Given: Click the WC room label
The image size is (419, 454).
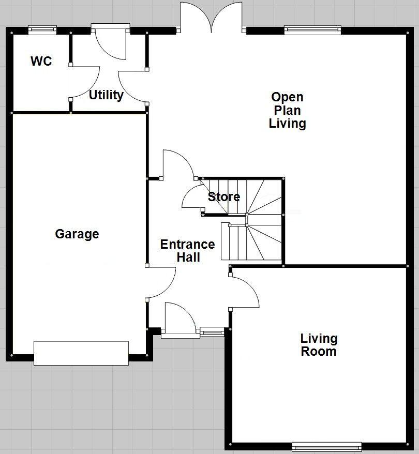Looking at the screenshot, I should pyautogui.click(x=41, y=62).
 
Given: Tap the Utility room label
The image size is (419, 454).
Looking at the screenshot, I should pyautogui.click(x=106, y=95).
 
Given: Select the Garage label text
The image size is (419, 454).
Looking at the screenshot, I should pyautogui.click(x=77, y=234).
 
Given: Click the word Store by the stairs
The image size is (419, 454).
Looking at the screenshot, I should pyautogui.click(x=224, y=197).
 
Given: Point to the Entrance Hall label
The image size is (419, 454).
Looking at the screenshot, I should pyautogui.click(x=187, y=250).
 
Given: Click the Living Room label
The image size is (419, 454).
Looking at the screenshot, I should pyautogui.click(x=319, y=345).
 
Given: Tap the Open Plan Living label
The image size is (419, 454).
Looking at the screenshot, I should pyautogui.click(x=287, y=110).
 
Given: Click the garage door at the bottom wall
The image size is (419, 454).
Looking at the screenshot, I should pyautogui.click(x=81, y=353).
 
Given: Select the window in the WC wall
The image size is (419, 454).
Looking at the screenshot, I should pyautogui.click(x=42, y=30).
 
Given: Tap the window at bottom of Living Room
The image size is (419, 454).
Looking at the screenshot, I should pyautogui.click(x=326, y=446).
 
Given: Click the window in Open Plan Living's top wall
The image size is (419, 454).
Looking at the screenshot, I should pyautogui.click(x=312, y=30).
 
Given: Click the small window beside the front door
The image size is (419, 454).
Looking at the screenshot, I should pyautogui.click(x=212, y=331).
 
